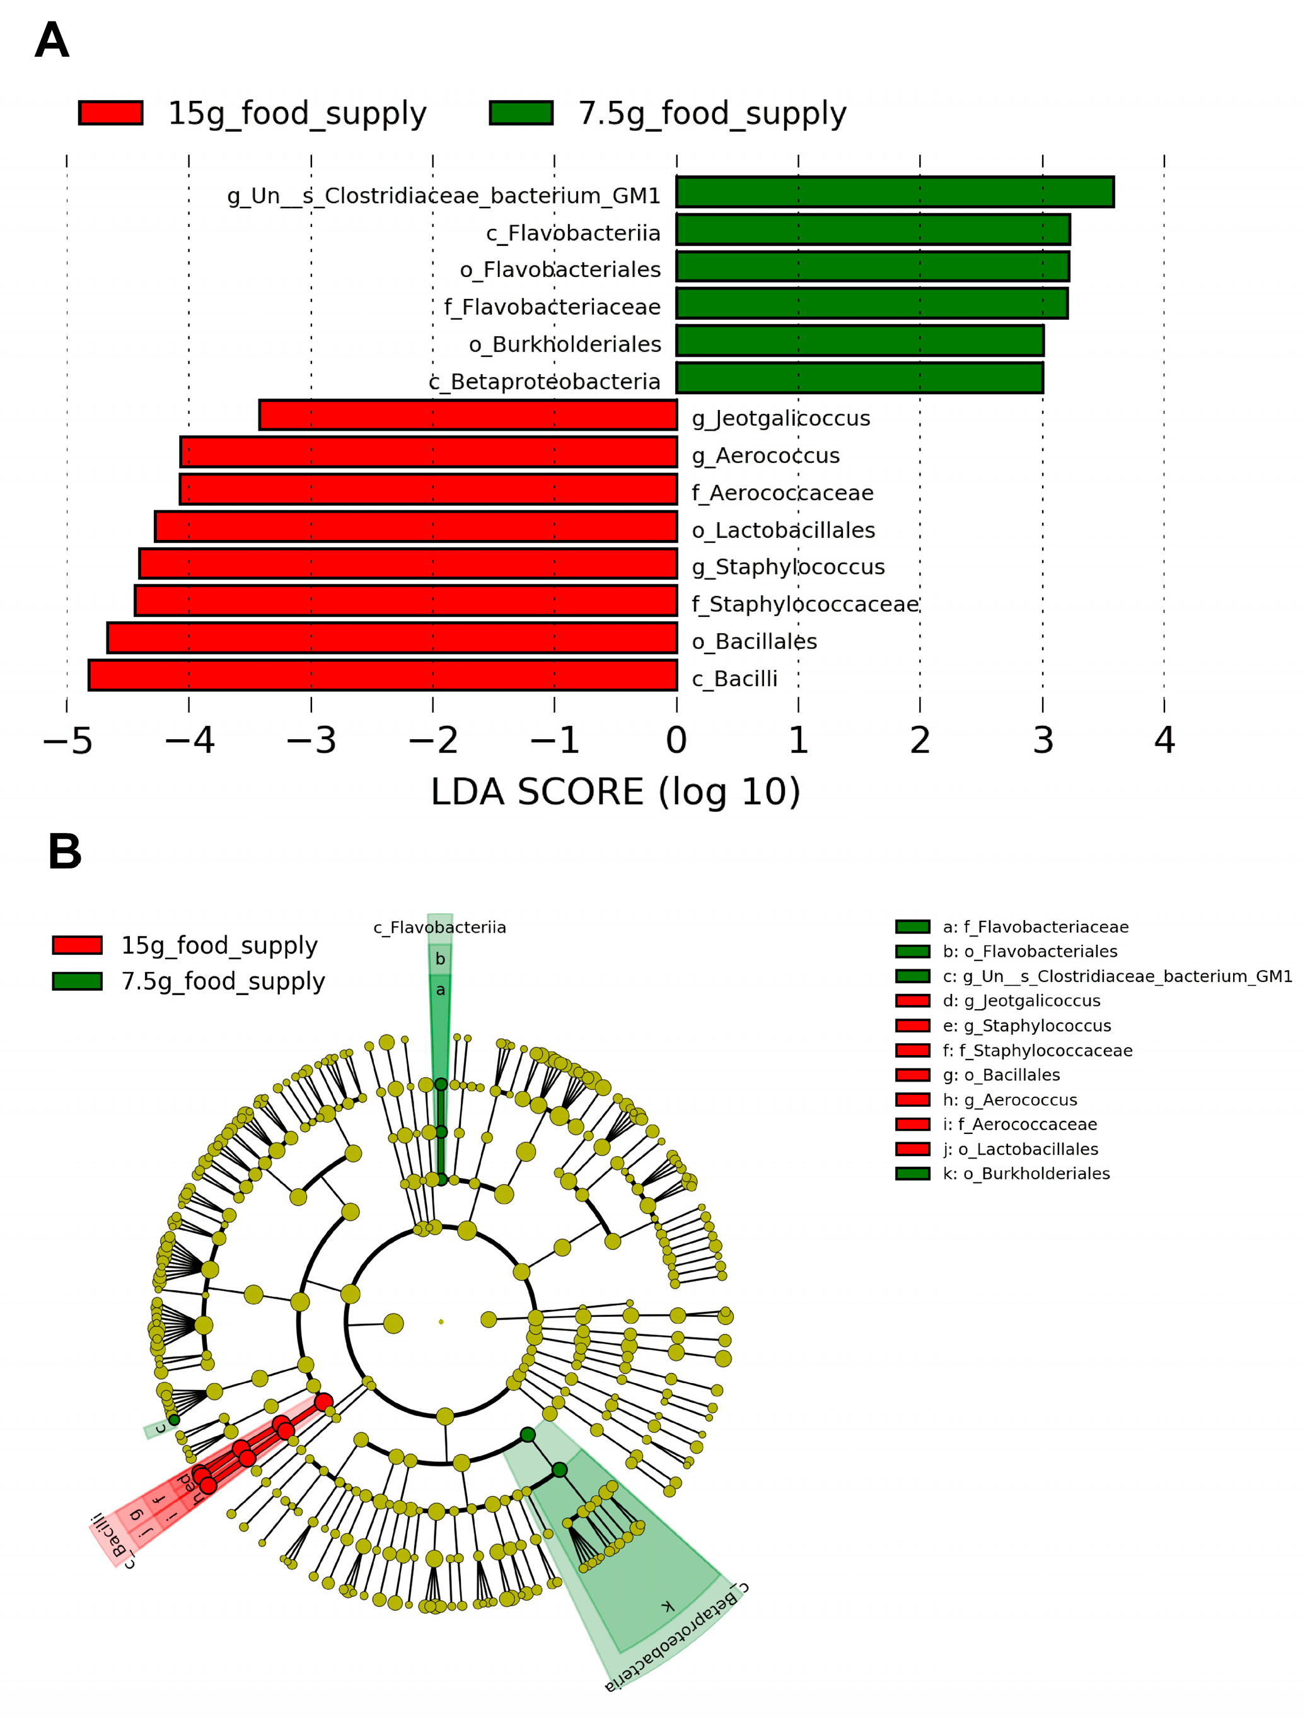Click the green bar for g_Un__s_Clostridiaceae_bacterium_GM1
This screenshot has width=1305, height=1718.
(895, 192)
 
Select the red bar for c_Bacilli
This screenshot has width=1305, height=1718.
(383, 674)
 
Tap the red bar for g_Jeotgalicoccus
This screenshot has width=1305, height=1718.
(468, 415)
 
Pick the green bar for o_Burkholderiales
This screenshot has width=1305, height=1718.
(860, 341)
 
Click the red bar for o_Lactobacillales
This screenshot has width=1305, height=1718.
(416, 526)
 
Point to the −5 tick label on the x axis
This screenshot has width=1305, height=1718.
(67, 740)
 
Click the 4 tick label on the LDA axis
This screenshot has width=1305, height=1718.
(1164, 740)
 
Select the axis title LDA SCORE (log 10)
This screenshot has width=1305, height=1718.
(615, 793)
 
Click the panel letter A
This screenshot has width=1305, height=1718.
(52, 40)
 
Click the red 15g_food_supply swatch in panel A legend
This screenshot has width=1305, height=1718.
(110, 113)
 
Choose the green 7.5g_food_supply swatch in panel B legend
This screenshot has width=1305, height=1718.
(77, 981)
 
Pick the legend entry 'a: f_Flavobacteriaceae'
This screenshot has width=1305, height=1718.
(1035, 927)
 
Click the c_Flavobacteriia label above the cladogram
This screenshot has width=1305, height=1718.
(439, 927)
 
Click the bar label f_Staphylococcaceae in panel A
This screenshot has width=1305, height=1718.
(804, 604)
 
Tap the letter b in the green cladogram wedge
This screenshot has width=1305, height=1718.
(441, 959)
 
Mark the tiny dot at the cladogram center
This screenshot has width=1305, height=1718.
(441, 1322)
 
